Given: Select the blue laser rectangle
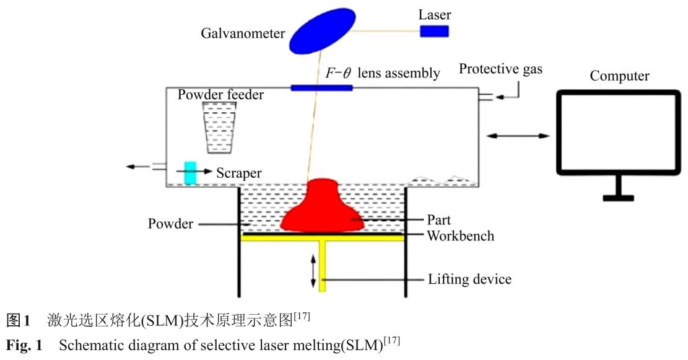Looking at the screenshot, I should click(x=435, y=30).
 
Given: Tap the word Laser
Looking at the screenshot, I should click(x=435, y=14).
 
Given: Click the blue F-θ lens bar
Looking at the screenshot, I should click(x=321, y=87).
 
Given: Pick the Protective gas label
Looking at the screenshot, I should click(x=500, y=69).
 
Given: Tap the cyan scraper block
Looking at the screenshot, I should click(x=190, y=172).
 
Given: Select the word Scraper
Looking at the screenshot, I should click(x=238, y=173).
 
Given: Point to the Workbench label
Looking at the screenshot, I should click(x=460, y=236).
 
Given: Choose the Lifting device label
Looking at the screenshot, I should click(x=470, y=279).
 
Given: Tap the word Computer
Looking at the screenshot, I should click(x=619, y=76).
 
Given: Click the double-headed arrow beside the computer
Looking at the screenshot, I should click(x=518, y=135).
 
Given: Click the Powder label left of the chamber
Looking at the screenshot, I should click(x=170, y=224).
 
